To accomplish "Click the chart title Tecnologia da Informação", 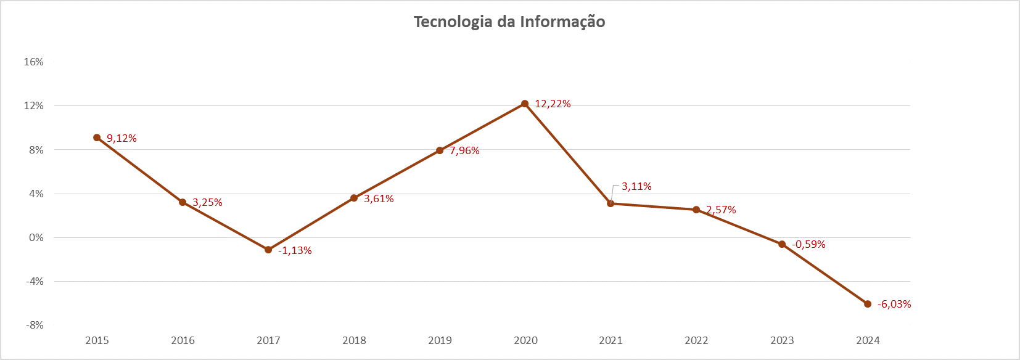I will coord(509,22).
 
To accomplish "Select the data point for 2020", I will coord(525,104).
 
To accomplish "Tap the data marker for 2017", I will coord(268,250).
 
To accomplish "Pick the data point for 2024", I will coord(868,304).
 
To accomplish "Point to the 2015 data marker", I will coord(97,137).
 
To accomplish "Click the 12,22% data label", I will coord(553,104).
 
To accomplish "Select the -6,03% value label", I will coord(894,305).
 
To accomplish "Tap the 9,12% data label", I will coord(121,139).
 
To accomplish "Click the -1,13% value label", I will coord(295,251).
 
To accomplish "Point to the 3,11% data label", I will coord(636,187).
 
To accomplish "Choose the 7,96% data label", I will coord(464,151).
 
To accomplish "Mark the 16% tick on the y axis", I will coord(34,62).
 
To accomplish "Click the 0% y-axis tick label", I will coord(36,237).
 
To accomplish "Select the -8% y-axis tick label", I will coord(35,325).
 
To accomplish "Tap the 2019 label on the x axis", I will coord(440,340).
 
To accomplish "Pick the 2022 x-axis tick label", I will coord(696,340).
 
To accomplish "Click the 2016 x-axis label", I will coord(183,340).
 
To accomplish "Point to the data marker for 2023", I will coord(782,244).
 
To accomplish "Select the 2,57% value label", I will coord(721,210).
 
